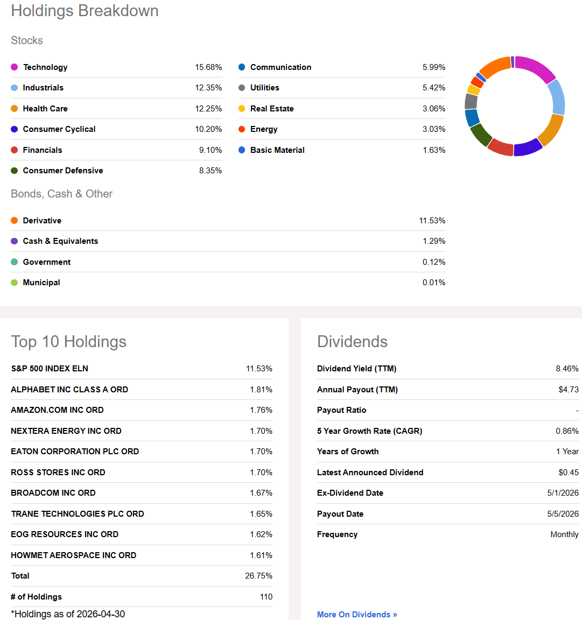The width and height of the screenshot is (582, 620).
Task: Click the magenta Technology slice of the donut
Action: tap(536, 67)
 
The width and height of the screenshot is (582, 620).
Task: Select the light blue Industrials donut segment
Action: tap(557, 97)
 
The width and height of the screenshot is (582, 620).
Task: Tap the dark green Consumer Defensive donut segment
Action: tap(480, 135)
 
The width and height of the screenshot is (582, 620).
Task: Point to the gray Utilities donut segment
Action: tap(471, 101)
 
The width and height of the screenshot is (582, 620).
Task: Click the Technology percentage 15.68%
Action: tap(208, 67)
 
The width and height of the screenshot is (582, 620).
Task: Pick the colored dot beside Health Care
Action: tap(14, 108)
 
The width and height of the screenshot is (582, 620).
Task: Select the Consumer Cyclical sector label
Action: tap(59, 129)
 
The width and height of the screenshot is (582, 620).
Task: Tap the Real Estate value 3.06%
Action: tap(434, 108)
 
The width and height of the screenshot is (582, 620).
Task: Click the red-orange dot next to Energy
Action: tap(242, 129)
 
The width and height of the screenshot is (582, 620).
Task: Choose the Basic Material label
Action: tap(277, 150)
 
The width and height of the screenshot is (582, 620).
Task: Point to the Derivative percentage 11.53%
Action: tap(432, 220)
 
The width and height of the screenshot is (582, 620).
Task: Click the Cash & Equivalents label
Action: tap(60, 241)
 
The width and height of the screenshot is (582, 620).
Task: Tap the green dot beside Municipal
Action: tap(14, 283)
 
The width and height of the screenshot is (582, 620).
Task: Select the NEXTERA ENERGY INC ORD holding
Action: tap(66, 431)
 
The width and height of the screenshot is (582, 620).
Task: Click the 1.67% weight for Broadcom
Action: tap(261, 492)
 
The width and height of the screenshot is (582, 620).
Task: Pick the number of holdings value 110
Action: tap(267, 597)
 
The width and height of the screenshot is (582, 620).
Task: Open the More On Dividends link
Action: tap(357, 614)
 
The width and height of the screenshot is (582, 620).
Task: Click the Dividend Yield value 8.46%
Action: tap(567, 369)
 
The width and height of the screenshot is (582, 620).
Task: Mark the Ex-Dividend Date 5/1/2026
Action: tap(563, 492)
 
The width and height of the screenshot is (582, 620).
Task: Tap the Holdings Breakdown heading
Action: tap(85, 11)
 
